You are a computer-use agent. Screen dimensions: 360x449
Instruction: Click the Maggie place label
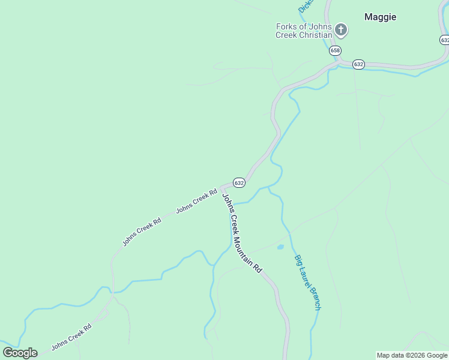(x=380, y=17)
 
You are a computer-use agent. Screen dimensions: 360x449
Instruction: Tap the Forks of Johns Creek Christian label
(x=304, y=31)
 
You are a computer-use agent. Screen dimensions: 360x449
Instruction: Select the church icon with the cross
(x=341, y=29)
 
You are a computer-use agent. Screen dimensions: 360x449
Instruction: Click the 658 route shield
(x=335, y=50)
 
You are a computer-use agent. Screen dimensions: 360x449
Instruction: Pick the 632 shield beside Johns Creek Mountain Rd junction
(x=239, y=182)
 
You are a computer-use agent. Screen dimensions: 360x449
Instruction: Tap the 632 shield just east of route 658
(x=358, y=64)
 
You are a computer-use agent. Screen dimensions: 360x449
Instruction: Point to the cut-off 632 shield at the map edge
(x=444, y=40)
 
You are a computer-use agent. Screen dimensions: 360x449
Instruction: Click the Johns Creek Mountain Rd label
(x=242, y=233)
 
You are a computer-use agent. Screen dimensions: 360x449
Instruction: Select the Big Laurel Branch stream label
(x=307, y=283)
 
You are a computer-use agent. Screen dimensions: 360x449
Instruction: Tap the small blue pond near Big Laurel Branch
(x=280, y=247)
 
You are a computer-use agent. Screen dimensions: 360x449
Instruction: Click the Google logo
(x=20, y=352)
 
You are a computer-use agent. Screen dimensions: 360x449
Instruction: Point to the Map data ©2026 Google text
(x=412, y=355)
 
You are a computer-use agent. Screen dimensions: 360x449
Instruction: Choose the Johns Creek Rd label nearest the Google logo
(x=71, y=337)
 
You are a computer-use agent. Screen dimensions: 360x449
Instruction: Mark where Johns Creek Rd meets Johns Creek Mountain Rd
(x=223, y=188)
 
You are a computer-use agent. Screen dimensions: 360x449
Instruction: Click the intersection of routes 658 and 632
(x=339, y=61)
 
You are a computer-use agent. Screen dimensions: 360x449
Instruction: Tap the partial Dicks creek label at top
(x=305, y=6)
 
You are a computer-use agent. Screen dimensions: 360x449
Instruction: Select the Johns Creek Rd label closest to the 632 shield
(x=196, y=202)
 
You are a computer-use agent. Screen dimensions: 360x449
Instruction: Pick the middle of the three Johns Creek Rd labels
(x=142, y=232)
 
